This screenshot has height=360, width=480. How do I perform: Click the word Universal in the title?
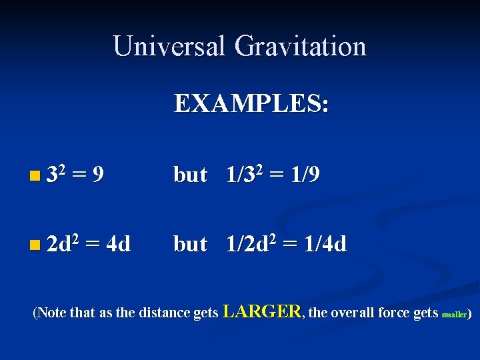(x=169, y=47)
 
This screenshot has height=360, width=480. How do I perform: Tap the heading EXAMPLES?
(x=251, y=104)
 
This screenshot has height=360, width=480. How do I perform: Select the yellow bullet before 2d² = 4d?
(x=34, y=246)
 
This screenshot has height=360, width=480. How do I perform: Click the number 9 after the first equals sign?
(x=97, y=175)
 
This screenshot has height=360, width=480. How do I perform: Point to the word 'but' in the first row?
(x=190, y=175)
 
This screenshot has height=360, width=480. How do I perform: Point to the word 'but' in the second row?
(x=190, y=245)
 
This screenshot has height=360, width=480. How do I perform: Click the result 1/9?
(x=303, y=175)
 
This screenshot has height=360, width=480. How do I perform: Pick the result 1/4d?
(x=325, y=245)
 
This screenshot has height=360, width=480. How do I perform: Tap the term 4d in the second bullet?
(x=118, y=245)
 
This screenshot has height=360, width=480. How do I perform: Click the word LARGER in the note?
(x=262, y=311)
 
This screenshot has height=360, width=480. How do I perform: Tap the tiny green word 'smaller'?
(x=454, y=313)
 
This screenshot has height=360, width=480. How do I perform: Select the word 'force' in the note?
(x=396, y=313)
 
